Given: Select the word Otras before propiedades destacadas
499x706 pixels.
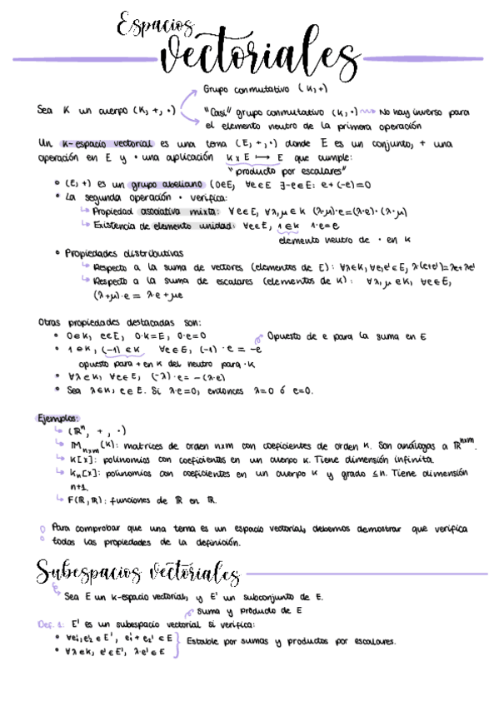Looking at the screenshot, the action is click(x=52, y=322).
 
